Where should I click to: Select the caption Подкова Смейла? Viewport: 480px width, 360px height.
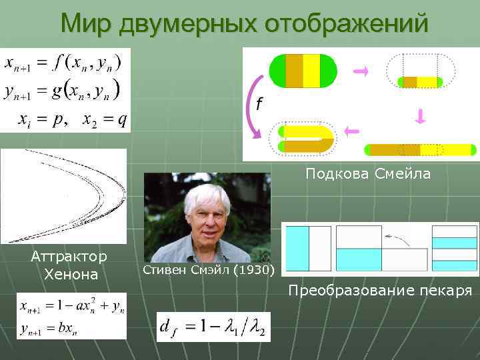tap(368, 174)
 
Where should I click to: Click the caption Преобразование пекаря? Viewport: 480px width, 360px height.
tap(380, 291)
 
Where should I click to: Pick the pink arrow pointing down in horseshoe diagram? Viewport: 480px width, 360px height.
tap(420, 117)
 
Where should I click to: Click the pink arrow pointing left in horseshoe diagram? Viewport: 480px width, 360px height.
tap(353, 131)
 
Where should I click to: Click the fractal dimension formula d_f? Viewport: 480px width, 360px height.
tap(213, 327)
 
